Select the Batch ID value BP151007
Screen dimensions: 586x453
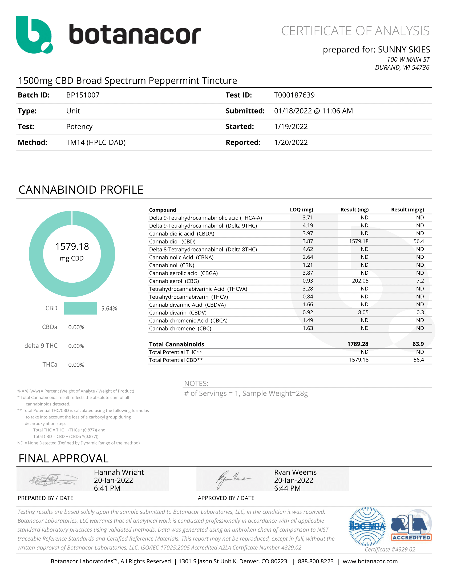tap(83, 95)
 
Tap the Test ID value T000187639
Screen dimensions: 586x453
tap(294, 95)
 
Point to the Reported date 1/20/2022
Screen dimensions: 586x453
tap(291, 143)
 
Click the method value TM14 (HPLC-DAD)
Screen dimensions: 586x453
tap(96, 143)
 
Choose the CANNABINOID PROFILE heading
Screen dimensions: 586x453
tap(81, 190)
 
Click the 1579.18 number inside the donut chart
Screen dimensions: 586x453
tap(72, 247)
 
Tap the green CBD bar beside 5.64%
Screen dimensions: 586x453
tap(80, 308)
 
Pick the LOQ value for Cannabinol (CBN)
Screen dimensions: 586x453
tap(308, 265)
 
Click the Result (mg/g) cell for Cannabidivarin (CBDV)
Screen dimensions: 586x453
tap(420, 313)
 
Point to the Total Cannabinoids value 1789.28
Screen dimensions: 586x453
tap(357, 344)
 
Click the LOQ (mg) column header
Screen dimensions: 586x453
tap(301, 210)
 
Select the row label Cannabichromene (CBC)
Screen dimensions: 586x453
tap(180, 328)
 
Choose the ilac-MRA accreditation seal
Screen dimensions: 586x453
tap(367, 526)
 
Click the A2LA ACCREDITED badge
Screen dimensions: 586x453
tap(411, 526)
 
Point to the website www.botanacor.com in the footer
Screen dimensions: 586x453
tap(370, 561)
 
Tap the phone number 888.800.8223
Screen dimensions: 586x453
tap(316, 561)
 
